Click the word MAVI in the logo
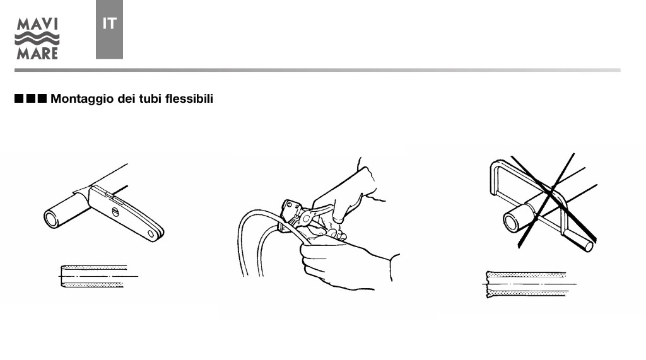coord(37,25)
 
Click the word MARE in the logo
coord(37,53)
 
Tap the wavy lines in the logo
coord(37,39)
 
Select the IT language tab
coord(109,29)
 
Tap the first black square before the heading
coord(19,98)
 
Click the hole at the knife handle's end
coord(151,234)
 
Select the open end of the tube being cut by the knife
coord(51,219)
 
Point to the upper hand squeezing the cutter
coord(350,194)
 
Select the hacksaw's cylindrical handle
coord(579,240)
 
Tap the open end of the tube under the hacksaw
coord(511,223)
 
